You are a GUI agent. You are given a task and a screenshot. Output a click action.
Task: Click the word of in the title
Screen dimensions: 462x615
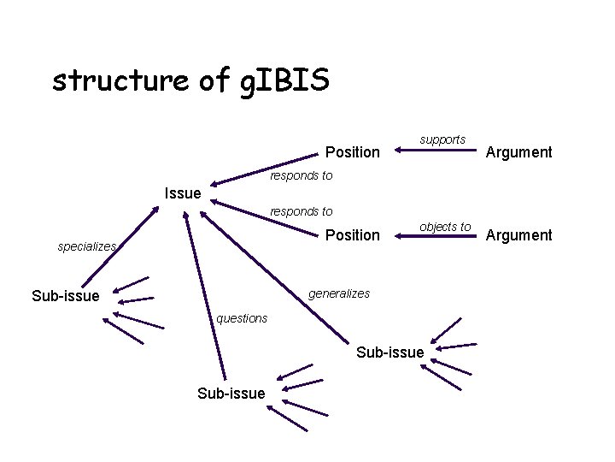(x=208, y=81)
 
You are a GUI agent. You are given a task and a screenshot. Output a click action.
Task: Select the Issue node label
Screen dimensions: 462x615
(x=182, y=193)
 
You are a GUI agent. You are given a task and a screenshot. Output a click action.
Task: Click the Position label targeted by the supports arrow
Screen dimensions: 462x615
(x=352, y=152)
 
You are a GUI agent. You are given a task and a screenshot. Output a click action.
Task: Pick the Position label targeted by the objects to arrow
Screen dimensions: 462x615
(x=352, y=234)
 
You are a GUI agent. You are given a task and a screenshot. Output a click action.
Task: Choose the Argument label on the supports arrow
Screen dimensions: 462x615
(x=518, y=152)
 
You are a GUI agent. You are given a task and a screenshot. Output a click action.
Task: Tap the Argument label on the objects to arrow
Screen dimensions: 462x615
(x=518, y=234)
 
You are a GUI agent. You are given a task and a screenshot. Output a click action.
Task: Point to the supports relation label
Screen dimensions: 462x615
(x=442, y=139)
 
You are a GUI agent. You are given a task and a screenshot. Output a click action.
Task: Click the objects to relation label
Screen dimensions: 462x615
(x=445, y=227)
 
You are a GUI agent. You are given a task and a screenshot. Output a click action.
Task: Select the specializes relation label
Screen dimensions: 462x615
(x=86, y=246)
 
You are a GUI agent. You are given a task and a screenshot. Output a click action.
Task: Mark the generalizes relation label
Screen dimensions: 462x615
(x=339, y=293)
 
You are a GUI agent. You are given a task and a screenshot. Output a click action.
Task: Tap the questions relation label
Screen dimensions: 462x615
(x=242, y=318)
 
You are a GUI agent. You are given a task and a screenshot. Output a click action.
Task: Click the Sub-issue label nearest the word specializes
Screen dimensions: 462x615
(x=65, y=296)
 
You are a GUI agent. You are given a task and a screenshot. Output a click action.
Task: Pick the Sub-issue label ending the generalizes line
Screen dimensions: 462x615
(x=389, y=352)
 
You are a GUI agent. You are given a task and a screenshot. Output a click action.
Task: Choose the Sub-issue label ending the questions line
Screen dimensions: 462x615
(x=231, y=393)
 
